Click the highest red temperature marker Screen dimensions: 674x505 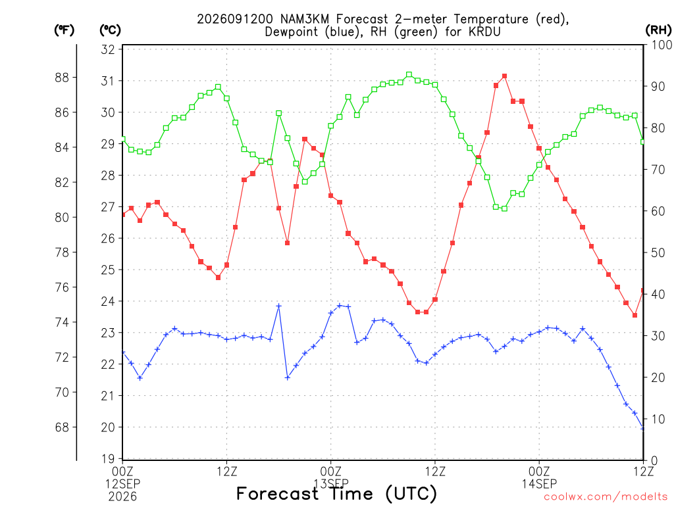tap(504, 76)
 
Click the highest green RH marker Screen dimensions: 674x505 tap(409, 75)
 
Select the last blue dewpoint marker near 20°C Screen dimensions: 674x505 tap(642, 428)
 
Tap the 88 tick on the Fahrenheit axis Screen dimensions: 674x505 tap(62, 78)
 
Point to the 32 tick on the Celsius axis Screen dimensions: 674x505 tap(108, 49)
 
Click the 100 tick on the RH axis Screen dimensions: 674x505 tap(662, 45)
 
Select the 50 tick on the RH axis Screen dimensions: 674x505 tap(658, 252)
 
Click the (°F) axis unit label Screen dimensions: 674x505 tap(64, 30)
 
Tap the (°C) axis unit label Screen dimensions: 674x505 tap(110, 30)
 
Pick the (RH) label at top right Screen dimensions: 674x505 tap(658, 30)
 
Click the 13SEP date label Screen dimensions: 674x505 tap(331, 483)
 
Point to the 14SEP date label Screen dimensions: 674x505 tap(540, 483)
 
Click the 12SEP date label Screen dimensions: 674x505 tap(123, 483)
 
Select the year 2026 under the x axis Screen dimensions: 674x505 tap(123, 496)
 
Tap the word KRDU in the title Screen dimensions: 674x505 tap(485, 32)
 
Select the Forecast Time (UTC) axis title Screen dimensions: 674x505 tap(336, 493)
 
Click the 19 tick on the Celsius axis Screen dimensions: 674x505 tap(108, 458)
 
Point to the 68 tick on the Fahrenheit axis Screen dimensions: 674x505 tap(62, 427)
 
